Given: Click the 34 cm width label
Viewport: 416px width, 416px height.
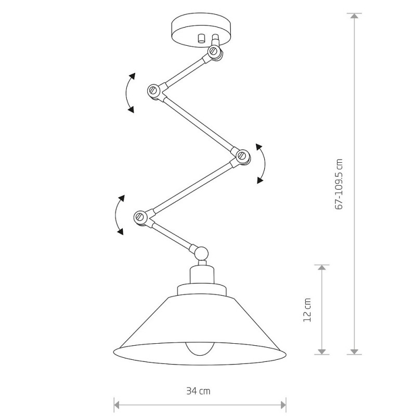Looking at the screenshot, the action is click(x=198, y=391).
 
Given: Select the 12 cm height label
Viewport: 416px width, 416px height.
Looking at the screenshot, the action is click(x=307, y=310).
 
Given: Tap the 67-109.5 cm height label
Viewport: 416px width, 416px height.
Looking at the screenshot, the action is click(x=339, y=184).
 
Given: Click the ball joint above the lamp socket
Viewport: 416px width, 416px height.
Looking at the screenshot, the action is click(x=201, y=253).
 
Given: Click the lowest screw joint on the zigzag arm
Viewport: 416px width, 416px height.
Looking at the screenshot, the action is click(x=140, y=217).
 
